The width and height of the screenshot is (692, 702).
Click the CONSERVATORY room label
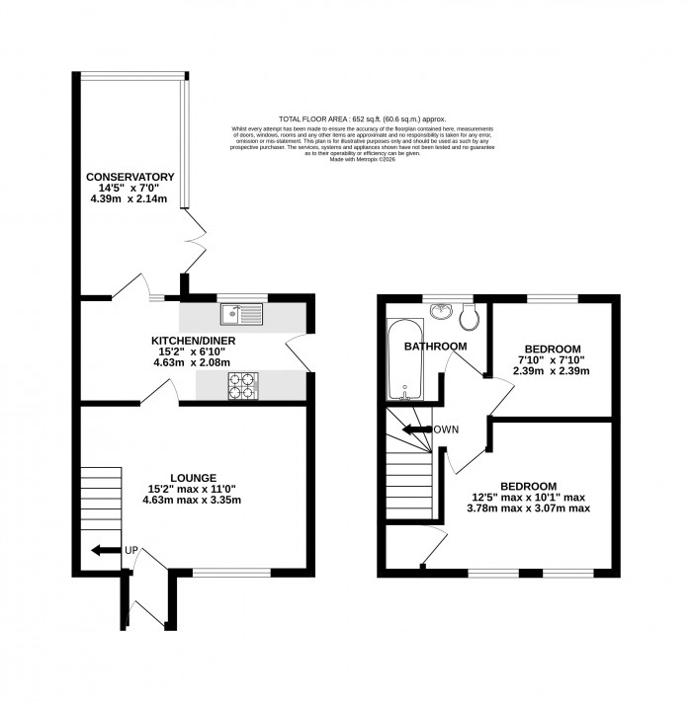tap(129, 177)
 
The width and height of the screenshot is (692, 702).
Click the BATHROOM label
tap(435, 347)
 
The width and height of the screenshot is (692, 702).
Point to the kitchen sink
tap(241, 315)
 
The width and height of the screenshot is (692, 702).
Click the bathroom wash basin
tap(440, 312)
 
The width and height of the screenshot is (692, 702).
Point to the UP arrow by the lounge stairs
tap(102, 550)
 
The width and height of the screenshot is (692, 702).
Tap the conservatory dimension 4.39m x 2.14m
tap(129, 199)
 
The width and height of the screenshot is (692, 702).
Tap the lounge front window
tap(230, 572)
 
